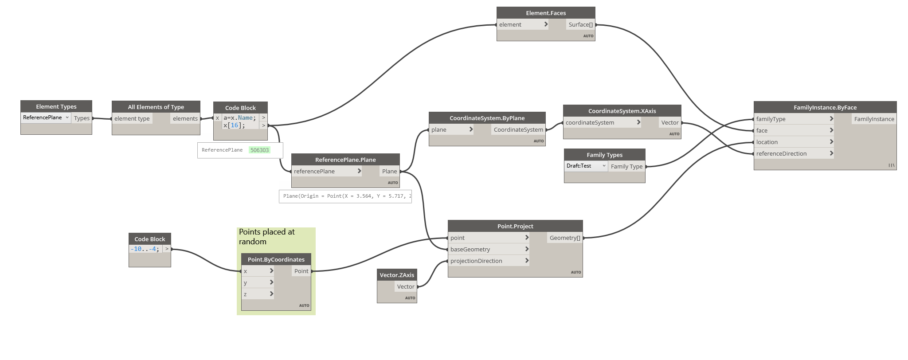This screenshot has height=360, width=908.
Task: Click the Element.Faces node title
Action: [x=545, y=13]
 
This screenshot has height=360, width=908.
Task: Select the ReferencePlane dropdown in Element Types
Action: [x=46, y=117]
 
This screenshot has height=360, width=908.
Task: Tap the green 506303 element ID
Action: [x=259, y=150]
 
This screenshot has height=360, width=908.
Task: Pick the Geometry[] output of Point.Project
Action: [x=565, y=238]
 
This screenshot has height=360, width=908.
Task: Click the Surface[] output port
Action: [x=580, y=24]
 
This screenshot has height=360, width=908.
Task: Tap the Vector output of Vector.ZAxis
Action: [x=406, y=286]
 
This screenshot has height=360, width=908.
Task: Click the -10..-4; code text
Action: [x=145, y=249]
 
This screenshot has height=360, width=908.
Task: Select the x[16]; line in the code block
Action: [x=234, y=125]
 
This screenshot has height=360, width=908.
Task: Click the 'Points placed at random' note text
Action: [x=267, y=237]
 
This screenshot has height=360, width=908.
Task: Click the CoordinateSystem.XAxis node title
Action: [x=622, y=111]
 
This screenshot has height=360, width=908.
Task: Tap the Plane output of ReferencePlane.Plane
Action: [x=389, y=171]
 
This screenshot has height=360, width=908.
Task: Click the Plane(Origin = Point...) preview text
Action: [x=345, y=196]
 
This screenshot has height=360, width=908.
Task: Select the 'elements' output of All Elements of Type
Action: [x=185, y=118]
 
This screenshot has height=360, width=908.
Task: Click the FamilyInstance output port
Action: [x=874, y=119]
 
